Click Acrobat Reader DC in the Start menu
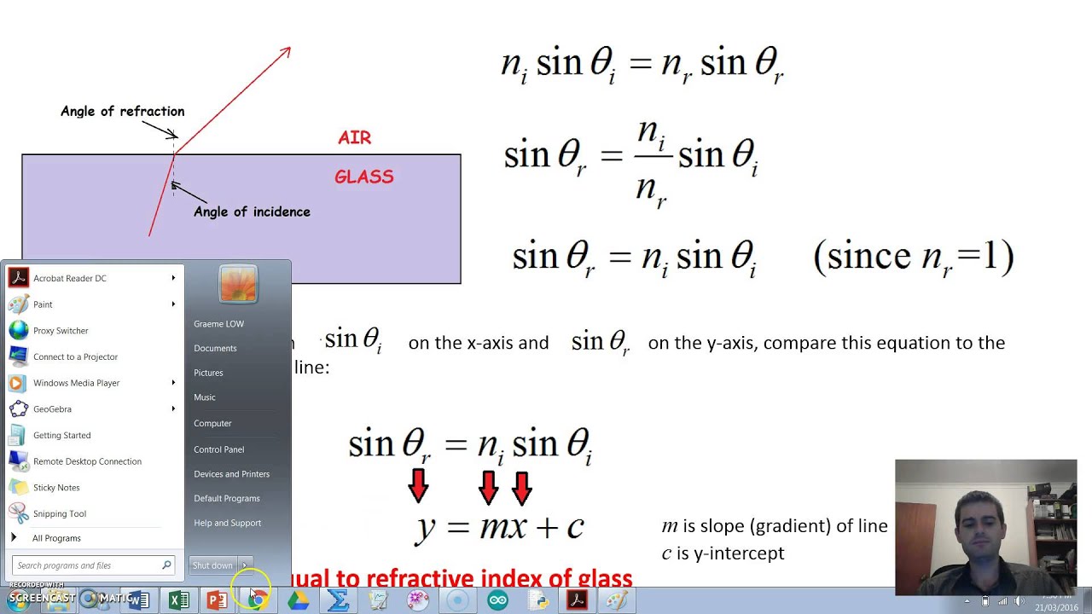pos(69,278)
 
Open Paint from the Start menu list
pos(43,304)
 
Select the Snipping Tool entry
pos(59,513)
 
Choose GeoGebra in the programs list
pos(52,409)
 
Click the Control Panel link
pos(218,449)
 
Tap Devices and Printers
pos(231,474)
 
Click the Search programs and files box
pos(85,565)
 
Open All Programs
pos(56,538)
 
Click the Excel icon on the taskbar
pos(178,600)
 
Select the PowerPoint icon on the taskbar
pos(217,600)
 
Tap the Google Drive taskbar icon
pos(298,600)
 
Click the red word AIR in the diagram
pos(354,138)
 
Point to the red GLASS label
pos(363,177)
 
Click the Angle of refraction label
pos(122,112)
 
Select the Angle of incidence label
pos(252,212)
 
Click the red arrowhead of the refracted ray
pos(286,52)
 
